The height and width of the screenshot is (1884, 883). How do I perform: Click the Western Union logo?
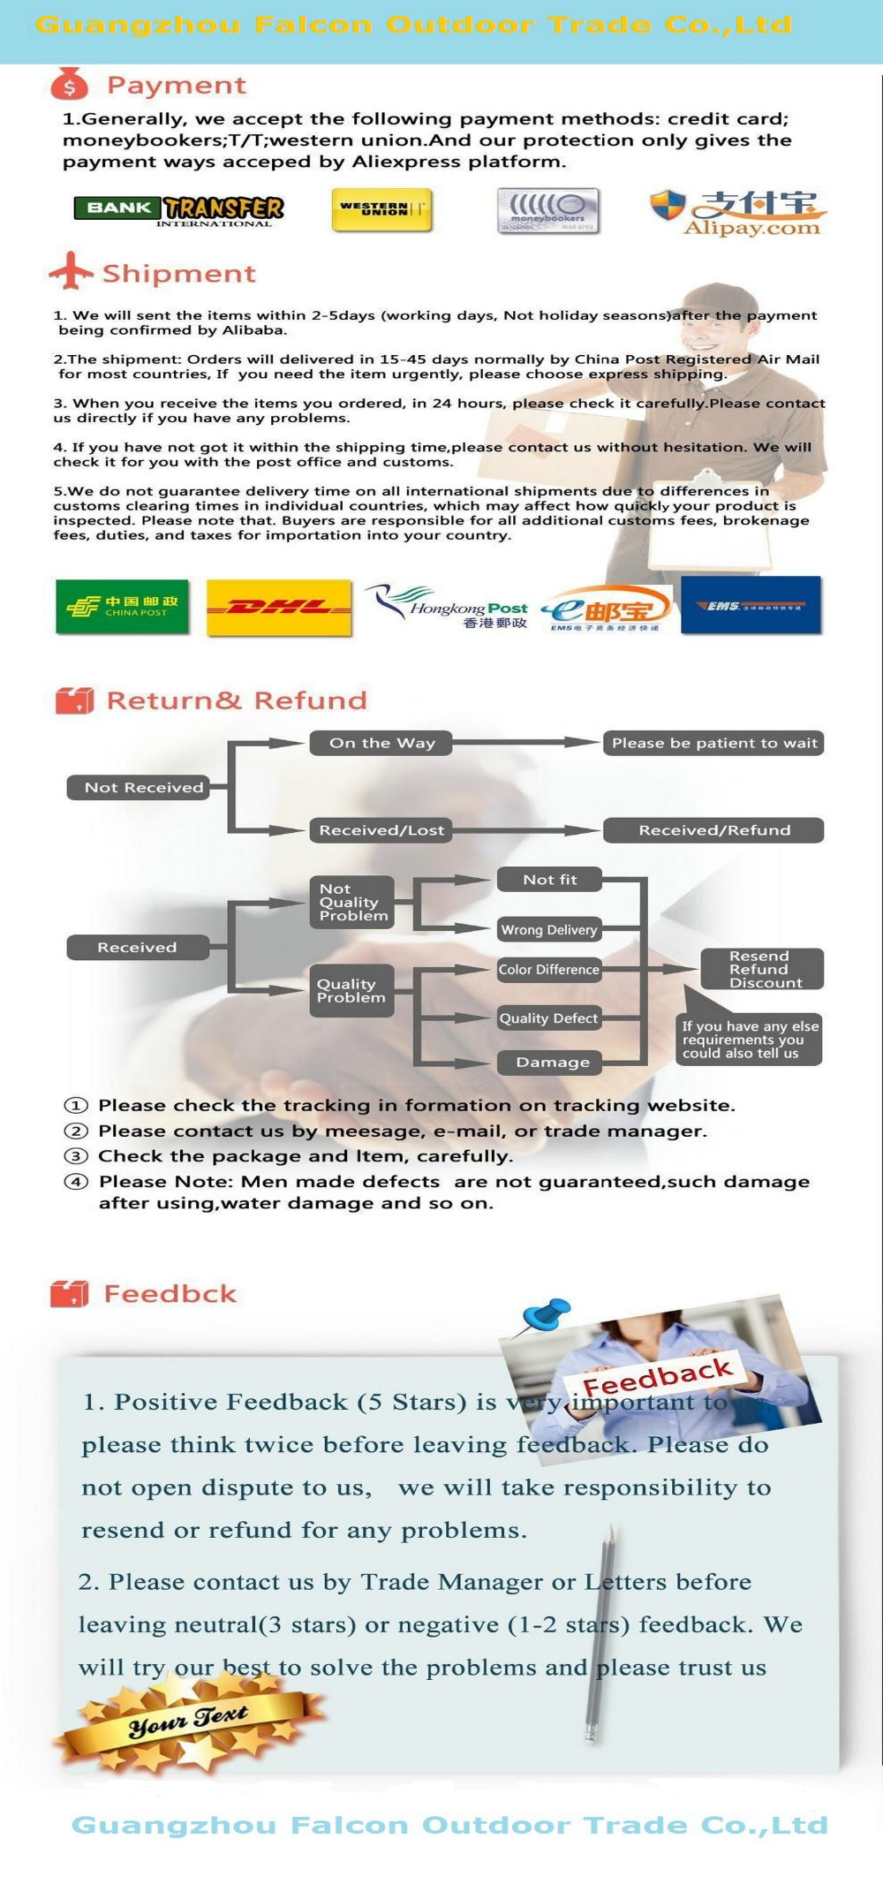(381, 210)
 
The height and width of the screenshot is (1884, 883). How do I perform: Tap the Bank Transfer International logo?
(179, 210)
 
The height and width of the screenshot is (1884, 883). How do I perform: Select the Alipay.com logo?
(737, 213)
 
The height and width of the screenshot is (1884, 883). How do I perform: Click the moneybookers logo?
(547, 211)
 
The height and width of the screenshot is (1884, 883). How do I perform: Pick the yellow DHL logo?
(279, 607)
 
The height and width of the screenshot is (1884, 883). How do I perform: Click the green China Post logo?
(123, 606)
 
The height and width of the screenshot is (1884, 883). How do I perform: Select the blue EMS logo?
(751, 605)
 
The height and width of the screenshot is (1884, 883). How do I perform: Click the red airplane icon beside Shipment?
(71, 271)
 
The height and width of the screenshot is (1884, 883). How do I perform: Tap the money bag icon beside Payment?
(70, 85)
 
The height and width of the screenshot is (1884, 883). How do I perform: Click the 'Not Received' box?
(139, 787)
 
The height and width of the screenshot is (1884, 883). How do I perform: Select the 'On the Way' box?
(381, 743)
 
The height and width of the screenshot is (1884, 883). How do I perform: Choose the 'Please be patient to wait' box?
(713, 743)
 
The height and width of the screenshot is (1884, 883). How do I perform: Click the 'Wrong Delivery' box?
(548, 929)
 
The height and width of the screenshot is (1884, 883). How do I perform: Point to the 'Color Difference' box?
(548, 970)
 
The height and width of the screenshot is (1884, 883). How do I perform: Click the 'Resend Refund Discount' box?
(761, 969)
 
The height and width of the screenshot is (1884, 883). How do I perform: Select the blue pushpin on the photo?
(546, 1313)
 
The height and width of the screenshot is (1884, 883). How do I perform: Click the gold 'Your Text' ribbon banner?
(188, 1719)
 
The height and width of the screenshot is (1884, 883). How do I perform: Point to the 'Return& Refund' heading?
(236, 700)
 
